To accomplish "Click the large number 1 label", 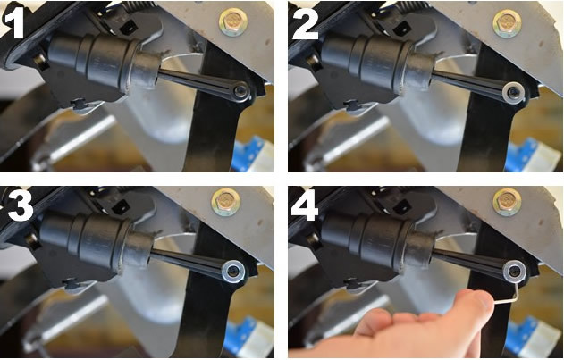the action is click(x=14, y=22).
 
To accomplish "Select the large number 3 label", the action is click(x=21, y=205).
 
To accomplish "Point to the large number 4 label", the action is click(x=305, y=205).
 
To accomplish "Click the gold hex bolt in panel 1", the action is click(x=232, y=22).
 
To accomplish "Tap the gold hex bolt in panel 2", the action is click(x=507, y=24).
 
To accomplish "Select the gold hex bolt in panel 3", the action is click(x=225, y=202).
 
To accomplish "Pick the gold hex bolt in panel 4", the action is click(x=507, y=202).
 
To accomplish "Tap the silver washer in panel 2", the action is click(x=514, y=94).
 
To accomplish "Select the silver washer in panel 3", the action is click(x=233, y=272).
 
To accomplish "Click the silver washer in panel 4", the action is click(x=514, y=272).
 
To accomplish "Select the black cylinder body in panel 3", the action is click(x=87, y=240).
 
